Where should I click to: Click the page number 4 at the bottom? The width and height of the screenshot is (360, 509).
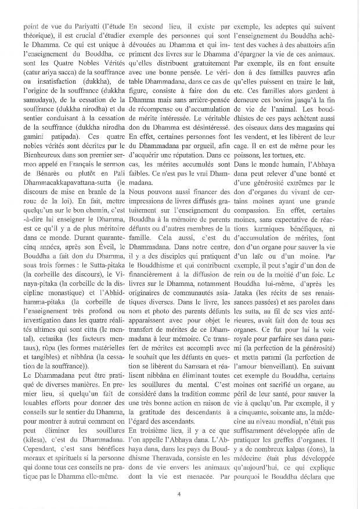[x=180, y=495]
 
